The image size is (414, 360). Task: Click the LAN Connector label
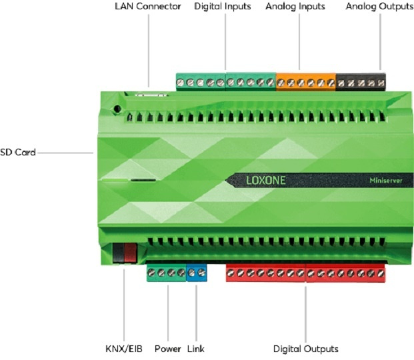click(147, 7)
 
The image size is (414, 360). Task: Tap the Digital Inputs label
click(223, 7)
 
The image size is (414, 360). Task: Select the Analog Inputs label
click(295, 7)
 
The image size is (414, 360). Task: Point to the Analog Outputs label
click(379, 7)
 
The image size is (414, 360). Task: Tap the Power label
click(167, 349)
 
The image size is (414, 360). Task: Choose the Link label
click(196, 349)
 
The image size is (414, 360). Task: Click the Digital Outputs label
click(306, 349)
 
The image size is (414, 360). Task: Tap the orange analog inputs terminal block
click(306, 82)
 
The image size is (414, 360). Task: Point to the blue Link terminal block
click(197, 273)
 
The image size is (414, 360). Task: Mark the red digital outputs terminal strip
click(306, 273)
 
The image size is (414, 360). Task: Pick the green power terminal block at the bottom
click(166, 273)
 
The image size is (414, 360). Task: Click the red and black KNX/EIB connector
click(124, 254)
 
